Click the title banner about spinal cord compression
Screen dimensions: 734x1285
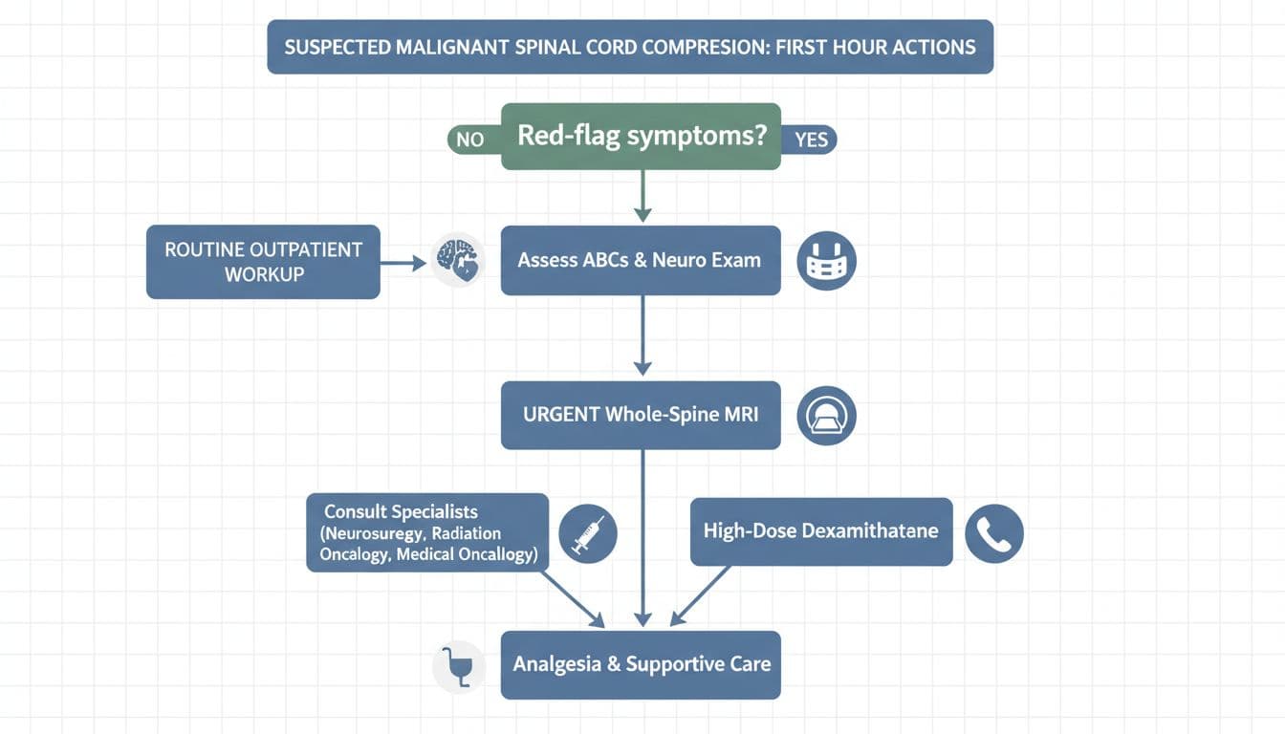click(630, 47)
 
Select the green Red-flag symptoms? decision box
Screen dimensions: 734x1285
click(641, 137)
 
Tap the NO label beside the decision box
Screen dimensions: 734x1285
click(470, 140)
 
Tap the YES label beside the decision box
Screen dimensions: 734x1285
click(812, 140)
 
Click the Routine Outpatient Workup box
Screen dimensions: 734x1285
click(263, 262)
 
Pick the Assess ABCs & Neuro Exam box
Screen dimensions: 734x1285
click(641, 260)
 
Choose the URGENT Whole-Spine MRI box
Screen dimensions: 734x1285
click(641, 416)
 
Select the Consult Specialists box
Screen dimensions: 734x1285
click(427, 532)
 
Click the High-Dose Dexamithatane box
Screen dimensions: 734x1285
click(820, 530)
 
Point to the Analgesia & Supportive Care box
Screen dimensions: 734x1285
click(641, 664)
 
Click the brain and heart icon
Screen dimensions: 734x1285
click(457, 260)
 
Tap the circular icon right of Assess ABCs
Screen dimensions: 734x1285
click(826, 261)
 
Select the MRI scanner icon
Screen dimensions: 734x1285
click(826, 416)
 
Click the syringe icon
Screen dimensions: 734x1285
click(587, 532)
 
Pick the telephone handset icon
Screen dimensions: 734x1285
click(993, 533)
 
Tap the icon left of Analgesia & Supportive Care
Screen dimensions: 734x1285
click(458, 666)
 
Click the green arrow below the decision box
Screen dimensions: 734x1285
click(642, 196)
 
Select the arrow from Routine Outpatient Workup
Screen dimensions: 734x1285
click(403, 262)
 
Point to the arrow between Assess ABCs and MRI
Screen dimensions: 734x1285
click(642, 335)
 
